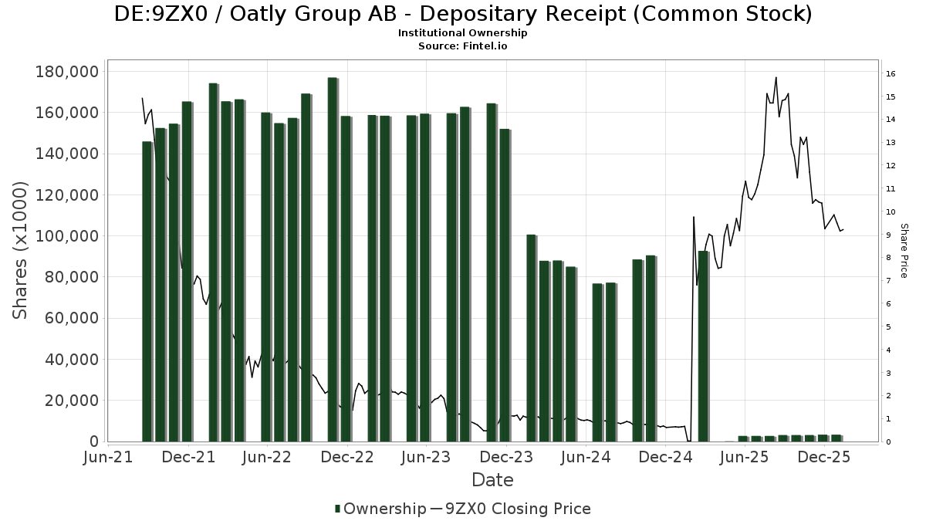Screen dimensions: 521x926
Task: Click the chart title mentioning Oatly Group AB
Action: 462,14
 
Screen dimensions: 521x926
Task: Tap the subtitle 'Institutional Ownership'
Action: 462,33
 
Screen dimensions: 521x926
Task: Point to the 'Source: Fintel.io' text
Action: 462,46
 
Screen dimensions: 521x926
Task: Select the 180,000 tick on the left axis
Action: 67,72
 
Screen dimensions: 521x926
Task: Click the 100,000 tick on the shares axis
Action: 67,236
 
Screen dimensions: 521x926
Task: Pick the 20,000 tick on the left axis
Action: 71,401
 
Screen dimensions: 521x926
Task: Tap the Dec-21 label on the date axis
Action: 188,457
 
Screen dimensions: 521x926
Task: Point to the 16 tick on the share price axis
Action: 891,74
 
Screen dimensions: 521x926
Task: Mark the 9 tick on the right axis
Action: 889,235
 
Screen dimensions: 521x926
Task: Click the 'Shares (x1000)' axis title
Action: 21,250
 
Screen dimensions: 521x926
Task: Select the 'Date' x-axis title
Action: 492,480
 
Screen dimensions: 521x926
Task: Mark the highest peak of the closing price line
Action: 776,77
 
